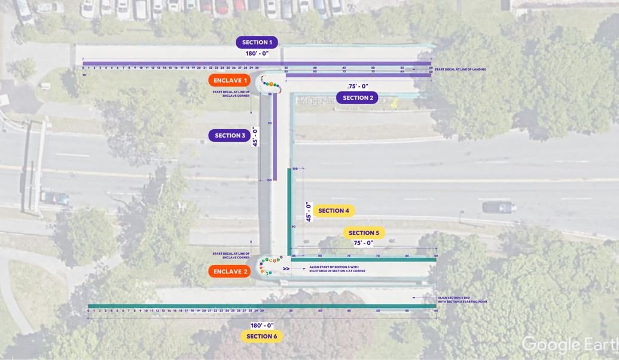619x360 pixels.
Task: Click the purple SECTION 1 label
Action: click(257, 42)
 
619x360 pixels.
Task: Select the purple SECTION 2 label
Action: click(357, 97)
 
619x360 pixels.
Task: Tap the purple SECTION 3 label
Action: click(229, 136)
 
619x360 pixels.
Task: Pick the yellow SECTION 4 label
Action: click(334, 210)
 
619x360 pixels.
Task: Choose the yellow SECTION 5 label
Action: click(364, 233)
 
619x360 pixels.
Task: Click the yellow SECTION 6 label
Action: click(262, 336)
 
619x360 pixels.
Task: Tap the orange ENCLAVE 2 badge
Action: click(230, 271)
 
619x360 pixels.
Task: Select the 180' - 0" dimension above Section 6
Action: click(262, 325)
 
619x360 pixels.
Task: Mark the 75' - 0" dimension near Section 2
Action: click(358, 87)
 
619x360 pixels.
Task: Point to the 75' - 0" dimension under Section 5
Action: click(363, 243)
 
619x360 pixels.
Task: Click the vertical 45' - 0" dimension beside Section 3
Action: click(255, 137)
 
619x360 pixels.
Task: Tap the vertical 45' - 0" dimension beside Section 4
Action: click(309, 212)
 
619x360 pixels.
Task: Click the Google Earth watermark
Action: click(569, 344)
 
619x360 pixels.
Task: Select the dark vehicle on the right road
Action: click(498, 207)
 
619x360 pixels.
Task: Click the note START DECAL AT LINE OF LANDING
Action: click(460, 69)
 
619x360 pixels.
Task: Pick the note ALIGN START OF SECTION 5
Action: click(337, 269)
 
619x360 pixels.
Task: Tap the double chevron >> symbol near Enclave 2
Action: click(286, 269)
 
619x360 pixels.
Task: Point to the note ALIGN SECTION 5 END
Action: click(462, 300)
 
